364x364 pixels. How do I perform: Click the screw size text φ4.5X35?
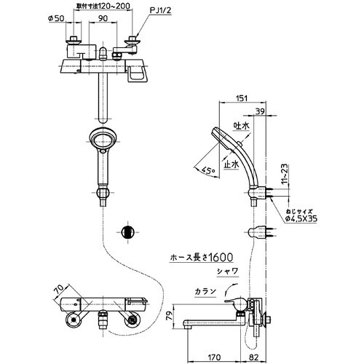[301, 213]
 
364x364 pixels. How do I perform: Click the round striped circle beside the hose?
[127, 232]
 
